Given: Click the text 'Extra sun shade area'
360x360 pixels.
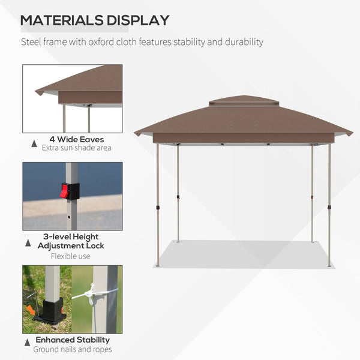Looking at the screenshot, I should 76,148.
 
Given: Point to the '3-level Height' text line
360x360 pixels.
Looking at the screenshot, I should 71,237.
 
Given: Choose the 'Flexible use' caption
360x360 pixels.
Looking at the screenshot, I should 71,256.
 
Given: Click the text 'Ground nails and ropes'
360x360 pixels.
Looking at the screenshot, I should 72,350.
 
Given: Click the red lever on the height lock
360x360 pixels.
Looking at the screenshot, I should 64,191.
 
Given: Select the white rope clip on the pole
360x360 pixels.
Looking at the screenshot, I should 91,295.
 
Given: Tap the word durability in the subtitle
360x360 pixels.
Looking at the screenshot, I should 244,42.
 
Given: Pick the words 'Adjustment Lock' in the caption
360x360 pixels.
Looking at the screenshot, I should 71,246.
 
